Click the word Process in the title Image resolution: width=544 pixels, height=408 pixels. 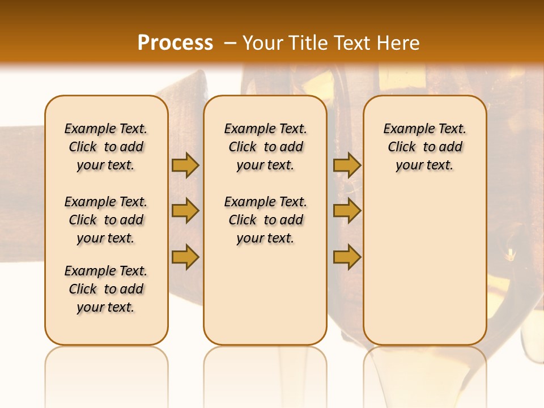click(x=175, y=42)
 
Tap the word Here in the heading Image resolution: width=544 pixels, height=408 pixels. click(x=398, y=43)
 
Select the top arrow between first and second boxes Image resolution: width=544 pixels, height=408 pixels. click(x=185, y=165)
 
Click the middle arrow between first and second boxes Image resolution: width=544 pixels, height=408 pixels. click(x=185, y=211)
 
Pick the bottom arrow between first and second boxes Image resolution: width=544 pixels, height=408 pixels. click(x=185, y=257)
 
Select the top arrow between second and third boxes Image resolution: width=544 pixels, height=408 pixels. click(x=347, y=165)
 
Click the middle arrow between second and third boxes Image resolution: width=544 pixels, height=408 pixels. click(x=347, y=211)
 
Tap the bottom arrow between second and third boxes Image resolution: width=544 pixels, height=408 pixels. click(x=347, y=257)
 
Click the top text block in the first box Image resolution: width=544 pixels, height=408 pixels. click(x=106, y=147)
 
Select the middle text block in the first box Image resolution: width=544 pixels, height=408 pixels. click(x=106, y=220)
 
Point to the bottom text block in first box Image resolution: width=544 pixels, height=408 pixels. click(x=106, y=289)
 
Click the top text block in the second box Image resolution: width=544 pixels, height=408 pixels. click(x=265, y=147)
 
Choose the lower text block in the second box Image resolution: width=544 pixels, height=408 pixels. click(x=265, y=220)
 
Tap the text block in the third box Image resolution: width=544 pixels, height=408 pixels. click(x=424, y=147)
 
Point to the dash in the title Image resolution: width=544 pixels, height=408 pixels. click(x=230, y=43)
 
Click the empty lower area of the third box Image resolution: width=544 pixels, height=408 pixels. click(x=424, y=266)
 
